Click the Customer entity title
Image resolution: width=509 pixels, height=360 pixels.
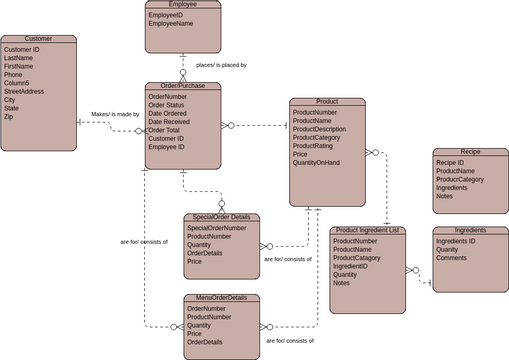pos(39,39)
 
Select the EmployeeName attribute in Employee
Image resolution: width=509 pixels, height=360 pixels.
pos(173,25)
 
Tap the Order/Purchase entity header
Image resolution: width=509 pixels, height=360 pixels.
pos(182,86)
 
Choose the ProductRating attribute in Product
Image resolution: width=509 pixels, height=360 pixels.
pos(318,146)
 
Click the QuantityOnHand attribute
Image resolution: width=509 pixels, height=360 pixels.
pos(323,163)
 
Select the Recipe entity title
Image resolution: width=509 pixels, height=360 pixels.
pos(471,151)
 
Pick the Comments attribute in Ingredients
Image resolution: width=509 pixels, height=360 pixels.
pos(454,258)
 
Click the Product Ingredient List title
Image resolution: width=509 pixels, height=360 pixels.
pos(367,230)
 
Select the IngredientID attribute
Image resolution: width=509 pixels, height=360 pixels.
pos(352,266)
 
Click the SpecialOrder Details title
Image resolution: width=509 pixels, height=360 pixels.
pos(222,217)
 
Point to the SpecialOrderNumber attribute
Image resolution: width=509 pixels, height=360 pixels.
pos(216,228)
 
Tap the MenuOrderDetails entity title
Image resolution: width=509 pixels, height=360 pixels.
pos(222,297)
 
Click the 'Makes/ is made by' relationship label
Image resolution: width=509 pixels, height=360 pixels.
pos(115,114)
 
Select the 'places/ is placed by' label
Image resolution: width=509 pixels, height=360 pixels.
pos(221,65)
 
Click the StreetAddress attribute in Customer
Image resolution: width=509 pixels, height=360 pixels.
pos(25,91)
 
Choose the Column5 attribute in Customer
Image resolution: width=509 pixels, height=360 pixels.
pos(18,83)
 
